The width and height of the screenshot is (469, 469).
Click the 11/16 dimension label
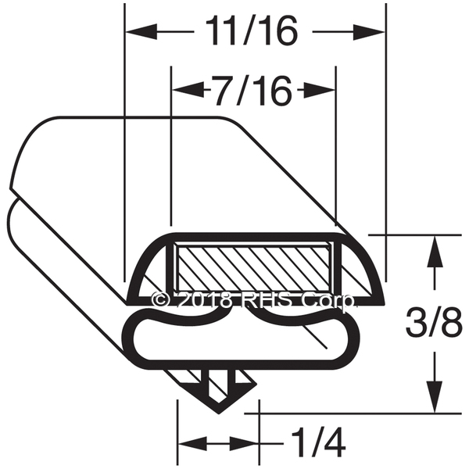coord(252,30)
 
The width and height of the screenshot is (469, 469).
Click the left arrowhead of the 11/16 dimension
coord(141,31)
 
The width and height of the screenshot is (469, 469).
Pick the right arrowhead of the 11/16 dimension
coord(368,31)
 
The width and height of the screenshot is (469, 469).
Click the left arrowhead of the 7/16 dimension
coord(188,89)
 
